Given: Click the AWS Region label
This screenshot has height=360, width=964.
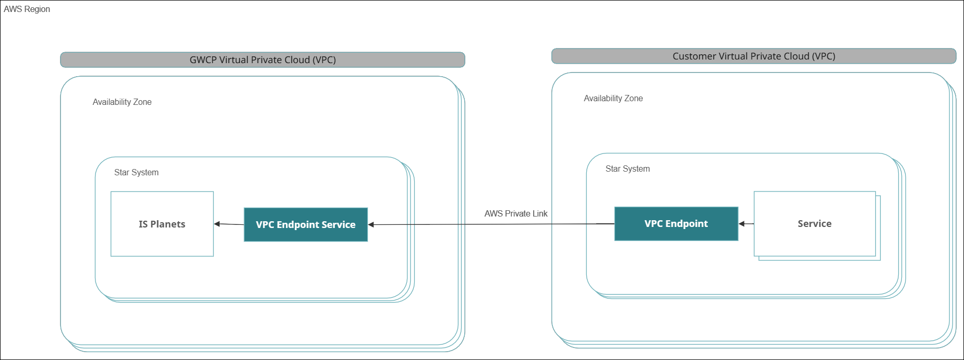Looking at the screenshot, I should pyautogui.click(x=27, y=9).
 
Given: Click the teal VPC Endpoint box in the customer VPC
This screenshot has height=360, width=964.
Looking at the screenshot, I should pyautogui.click(x=676, y=224).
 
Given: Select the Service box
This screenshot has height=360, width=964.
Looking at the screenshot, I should pyautogui.click(x=814, y=224).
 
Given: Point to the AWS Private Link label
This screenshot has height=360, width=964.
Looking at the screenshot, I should pyautogui.click(x=516, y=213).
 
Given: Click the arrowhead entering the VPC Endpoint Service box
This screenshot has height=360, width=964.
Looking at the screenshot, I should pyautogui.click(x=371, y=225).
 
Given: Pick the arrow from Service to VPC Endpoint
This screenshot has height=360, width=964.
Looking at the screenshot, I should pyautogui.click(x=746, y=224).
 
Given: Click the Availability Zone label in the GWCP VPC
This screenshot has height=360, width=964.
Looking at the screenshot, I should pyautogui.click(x=122, y=102).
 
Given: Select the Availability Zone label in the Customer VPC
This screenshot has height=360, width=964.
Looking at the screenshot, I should pyautogui.click(x=613, y=99).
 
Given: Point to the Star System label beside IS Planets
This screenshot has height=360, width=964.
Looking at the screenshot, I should pyautogui.click(x=136, y=173).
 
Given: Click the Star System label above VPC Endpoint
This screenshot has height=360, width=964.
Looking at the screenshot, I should pyautogui.click(x=628, y=169).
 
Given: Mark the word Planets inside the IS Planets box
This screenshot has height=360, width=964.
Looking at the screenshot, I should pyautogui.click(x=168, y=224).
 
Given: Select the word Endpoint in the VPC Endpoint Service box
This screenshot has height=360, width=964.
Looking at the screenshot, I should pyautogui.click(x=298, y=225).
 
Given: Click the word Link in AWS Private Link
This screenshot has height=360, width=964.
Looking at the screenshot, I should pyautogui.click(x=540, y=213).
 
